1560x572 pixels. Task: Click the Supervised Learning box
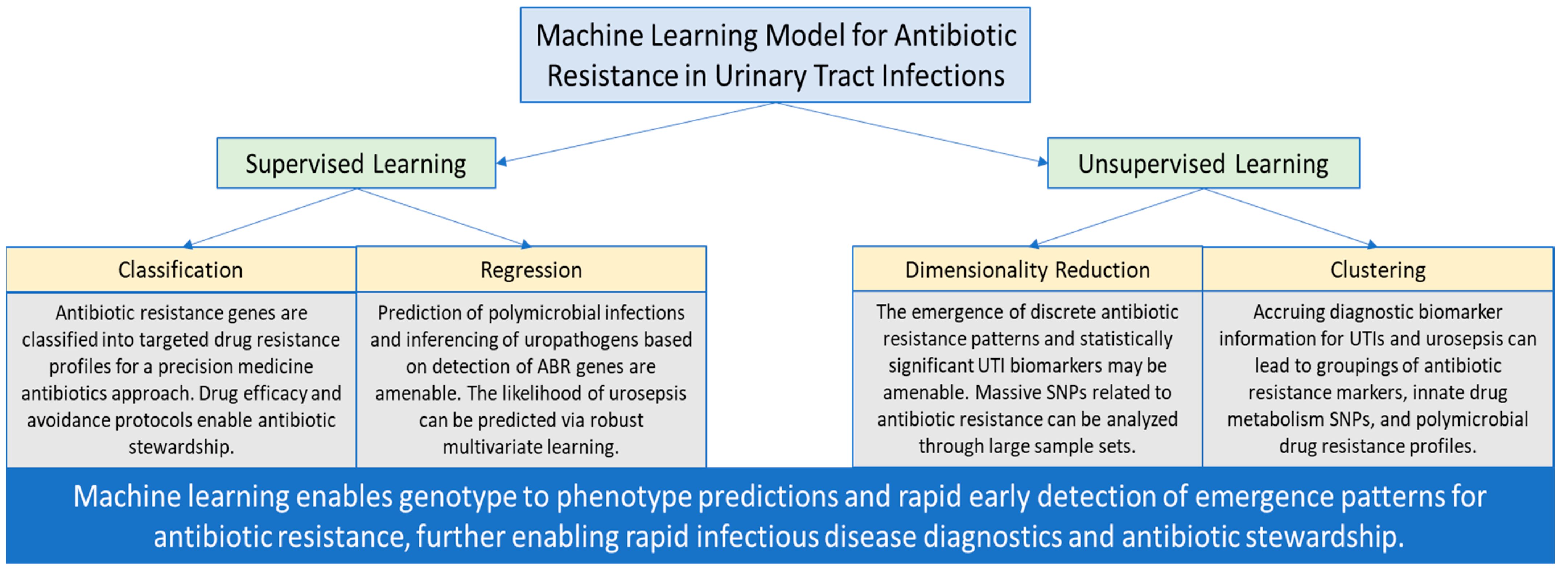point(356,163)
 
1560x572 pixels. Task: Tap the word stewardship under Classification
point(181,447)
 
